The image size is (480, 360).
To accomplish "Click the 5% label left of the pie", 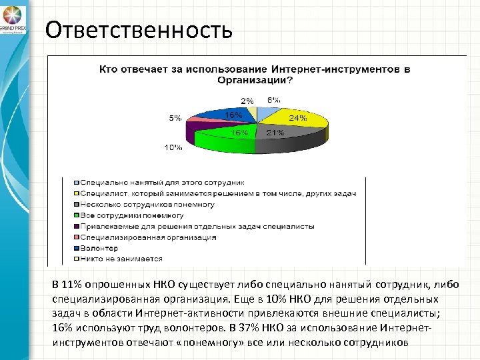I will pyautogui.click(x=175, y=118).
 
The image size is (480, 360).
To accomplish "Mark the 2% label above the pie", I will pyautogui.click(x=247, y=101).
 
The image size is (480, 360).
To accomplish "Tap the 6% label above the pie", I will pyautogui.click(x=274, y=101).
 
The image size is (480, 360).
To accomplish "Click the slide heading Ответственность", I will pyautogui.click(x=139, y=29).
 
